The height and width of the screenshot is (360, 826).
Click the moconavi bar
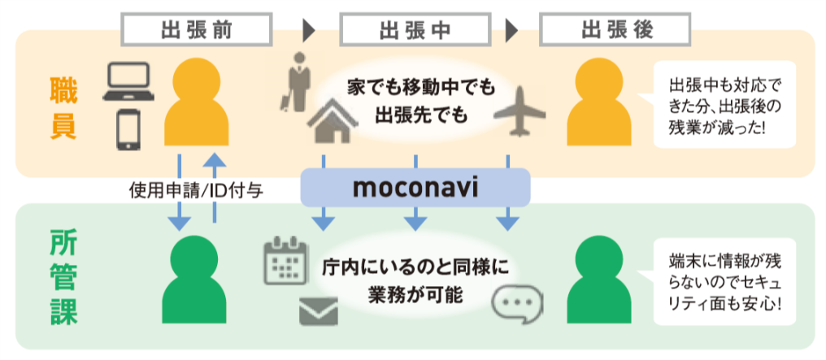(415, 189)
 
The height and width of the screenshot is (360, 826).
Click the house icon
(328, 121)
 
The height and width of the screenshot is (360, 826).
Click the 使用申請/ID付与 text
(195, 189)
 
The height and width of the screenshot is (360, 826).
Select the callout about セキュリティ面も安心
(726, 281)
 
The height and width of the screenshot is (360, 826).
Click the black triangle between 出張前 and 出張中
(308, 31)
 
